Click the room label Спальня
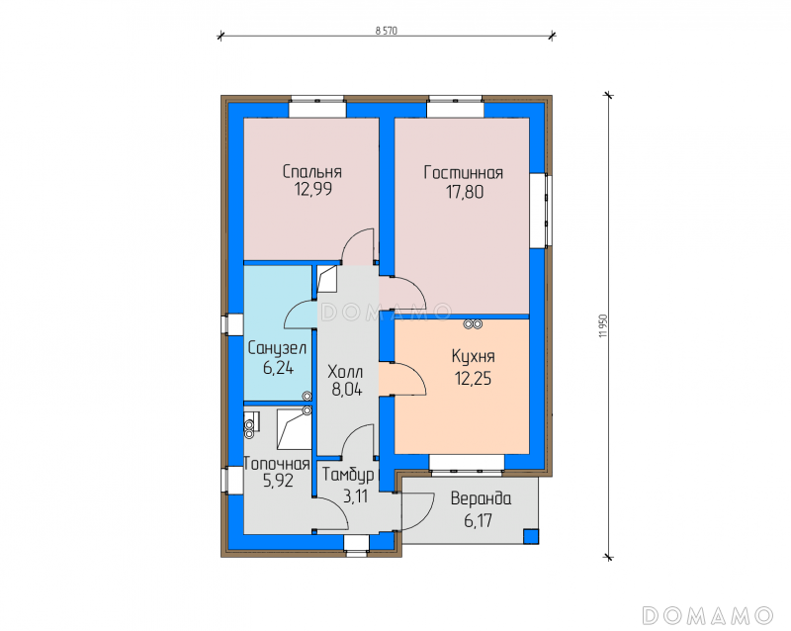311,172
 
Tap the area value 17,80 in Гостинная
464,192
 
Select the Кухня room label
473,356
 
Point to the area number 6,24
278,368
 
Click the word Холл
345,372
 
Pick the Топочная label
277,464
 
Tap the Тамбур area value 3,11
355,496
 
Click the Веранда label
481,498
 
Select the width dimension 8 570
387,31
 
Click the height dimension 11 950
603,325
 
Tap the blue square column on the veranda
531,536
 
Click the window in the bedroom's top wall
317,107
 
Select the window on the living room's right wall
540,211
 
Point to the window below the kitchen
467,466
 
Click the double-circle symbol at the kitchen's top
474,324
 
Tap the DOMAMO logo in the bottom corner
707,615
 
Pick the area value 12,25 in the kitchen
473,378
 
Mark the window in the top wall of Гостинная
455,107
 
